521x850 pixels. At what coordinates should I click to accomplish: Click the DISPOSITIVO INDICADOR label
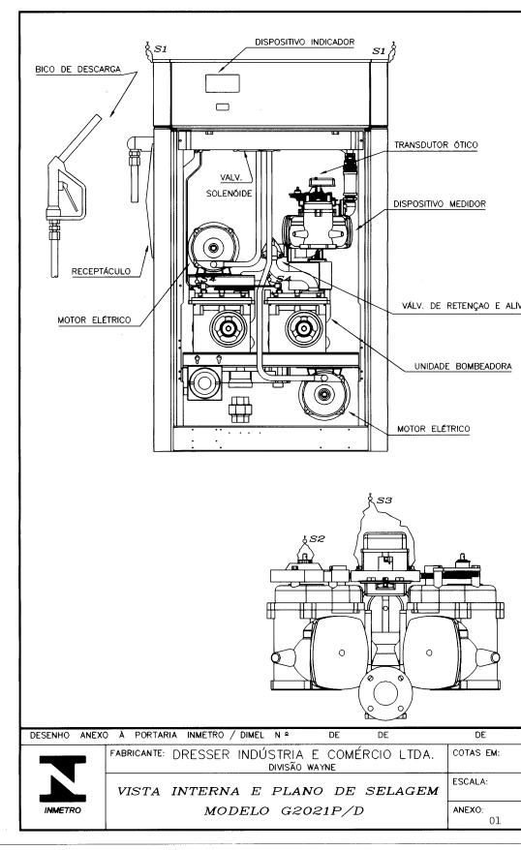305,43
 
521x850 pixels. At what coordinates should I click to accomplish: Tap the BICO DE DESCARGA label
78,70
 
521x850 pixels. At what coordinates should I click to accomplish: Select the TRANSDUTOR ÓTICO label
436,145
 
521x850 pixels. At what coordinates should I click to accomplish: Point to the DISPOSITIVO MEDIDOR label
440,204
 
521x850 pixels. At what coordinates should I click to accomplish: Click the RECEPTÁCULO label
102,271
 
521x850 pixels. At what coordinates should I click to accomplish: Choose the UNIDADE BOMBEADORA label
463,367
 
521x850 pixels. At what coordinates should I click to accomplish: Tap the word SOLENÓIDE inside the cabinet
230,194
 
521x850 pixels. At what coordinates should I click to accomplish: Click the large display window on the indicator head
223,83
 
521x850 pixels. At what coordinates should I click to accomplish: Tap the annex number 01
495,820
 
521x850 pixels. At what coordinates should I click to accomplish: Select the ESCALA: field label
470,781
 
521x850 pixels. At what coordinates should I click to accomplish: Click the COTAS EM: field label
476,753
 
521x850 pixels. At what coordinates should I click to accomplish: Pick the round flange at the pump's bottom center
385,693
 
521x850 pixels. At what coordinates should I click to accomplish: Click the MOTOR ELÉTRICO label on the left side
94,320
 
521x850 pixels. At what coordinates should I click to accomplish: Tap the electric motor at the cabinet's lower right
324,395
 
